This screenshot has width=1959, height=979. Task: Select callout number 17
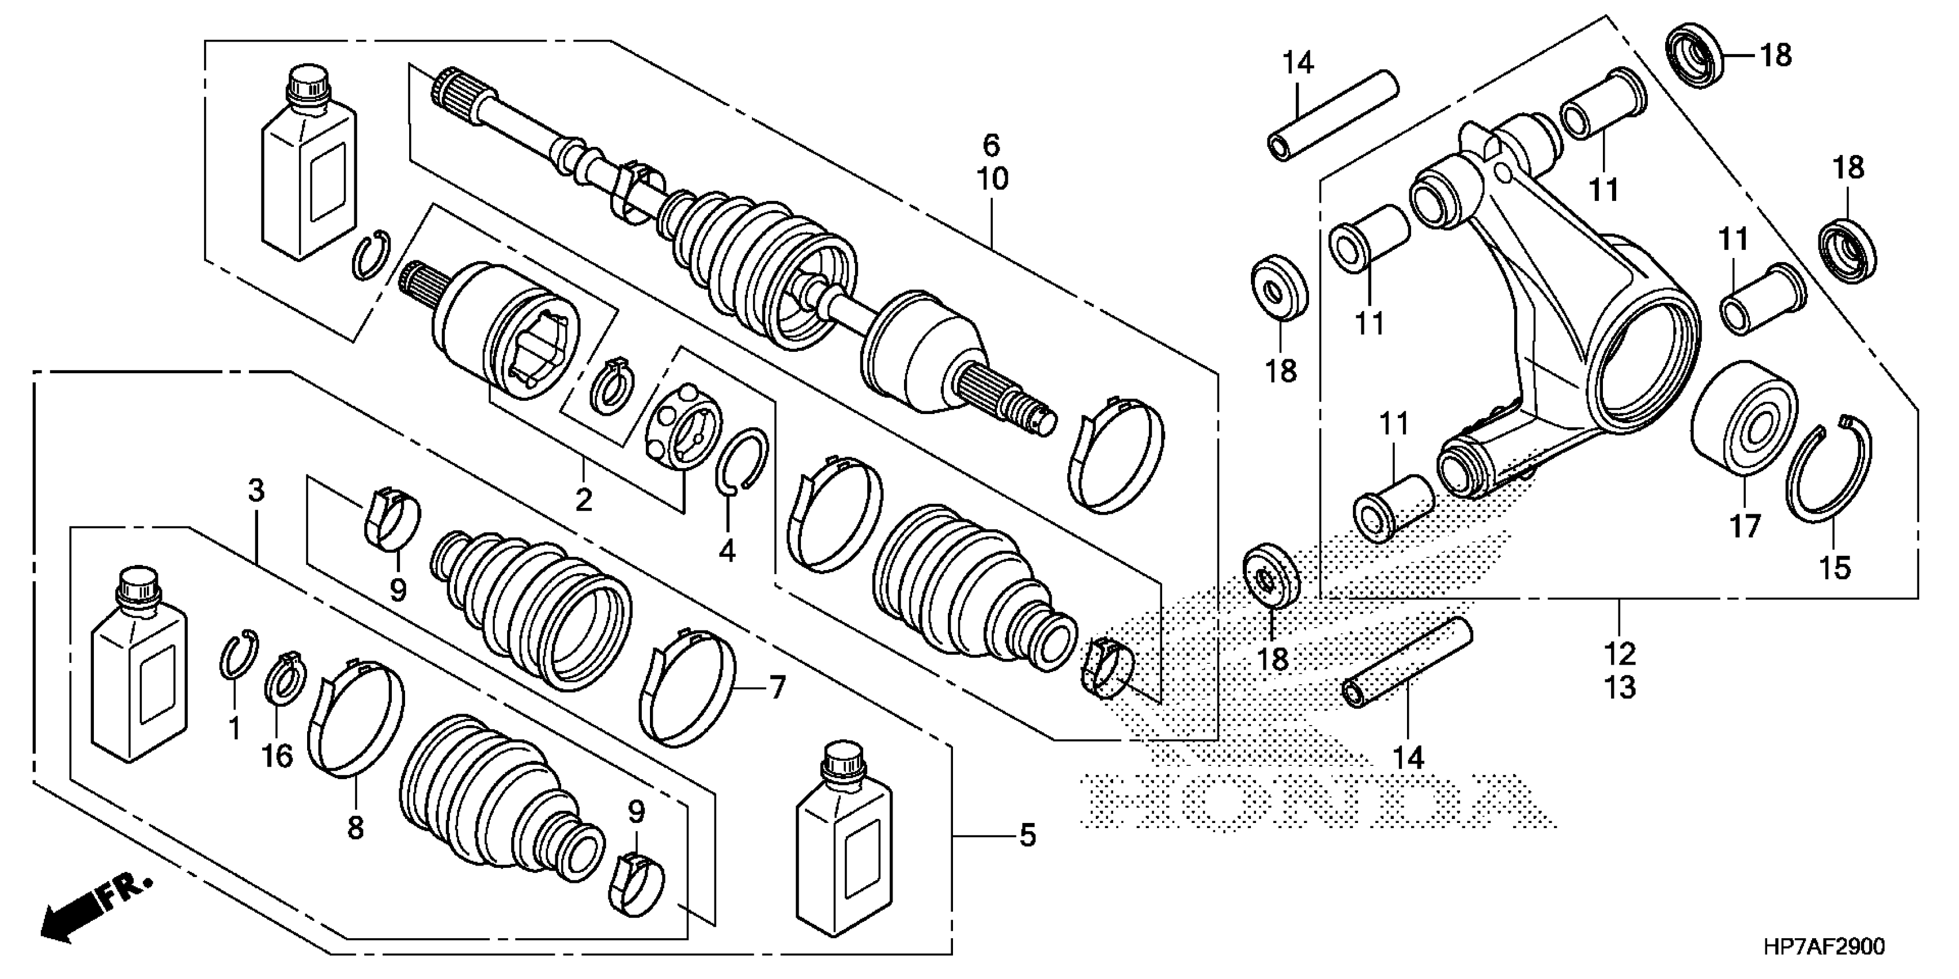[1745, 526]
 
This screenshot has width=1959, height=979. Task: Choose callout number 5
[1027, 836]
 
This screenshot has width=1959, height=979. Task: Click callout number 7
[777, 688]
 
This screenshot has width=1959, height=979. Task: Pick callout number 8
[355, 827]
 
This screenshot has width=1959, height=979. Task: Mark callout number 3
[256, 490]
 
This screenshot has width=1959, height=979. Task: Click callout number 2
[583, 500]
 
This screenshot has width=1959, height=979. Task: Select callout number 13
[1620, 687]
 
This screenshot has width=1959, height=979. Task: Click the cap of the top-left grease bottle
[308, 82]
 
